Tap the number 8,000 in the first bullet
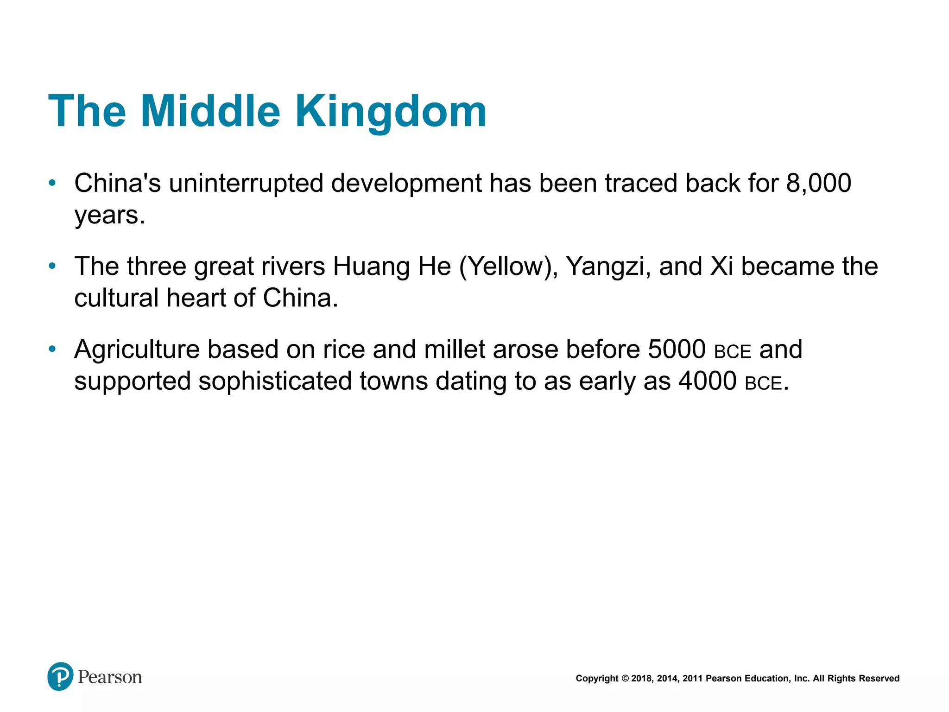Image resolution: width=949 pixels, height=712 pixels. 818,183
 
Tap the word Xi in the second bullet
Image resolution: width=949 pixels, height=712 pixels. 722,267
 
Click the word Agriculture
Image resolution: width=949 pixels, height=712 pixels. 137,350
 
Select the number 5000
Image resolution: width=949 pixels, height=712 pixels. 677,350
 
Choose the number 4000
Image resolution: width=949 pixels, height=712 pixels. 707,381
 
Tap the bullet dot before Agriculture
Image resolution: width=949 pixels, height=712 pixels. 52,349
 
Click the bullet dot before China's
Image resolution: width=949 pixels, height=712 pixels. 52,183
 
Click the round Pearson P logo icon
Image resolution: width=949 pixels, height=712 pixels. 60,676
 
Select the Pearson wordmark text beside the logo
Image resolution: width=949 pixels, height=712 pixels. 110,677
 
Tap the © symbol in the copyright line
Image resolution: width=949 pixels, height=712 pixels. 625,679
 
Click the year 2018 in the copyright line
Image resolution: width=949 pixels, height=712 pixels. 641,679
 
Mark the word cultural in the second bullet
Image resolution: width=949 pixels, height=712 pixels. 116,298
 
